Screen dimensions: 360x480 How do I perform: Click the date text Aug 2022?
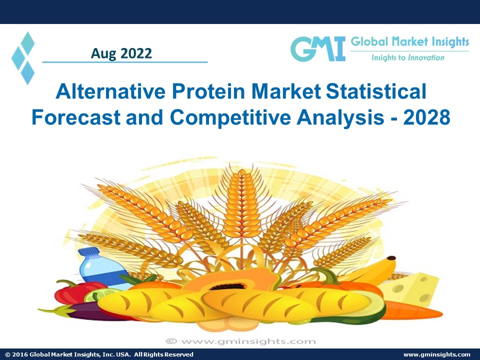coord(121,53)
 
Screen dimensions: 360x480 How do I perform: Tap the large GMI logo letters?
coord(318,49)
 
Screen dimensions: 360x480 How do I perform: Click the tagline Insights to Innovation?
coord(407,57)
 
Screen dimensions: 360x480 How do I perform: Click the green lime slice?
coord(95,296)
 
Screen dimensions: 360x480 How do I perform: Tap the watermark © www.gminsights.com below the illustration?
coord(240,341)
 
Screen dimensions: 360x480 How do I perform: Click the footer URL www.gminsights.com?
coord(436,354)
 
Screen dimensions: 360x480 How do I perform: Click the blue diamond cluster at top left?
coord(23,57)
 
